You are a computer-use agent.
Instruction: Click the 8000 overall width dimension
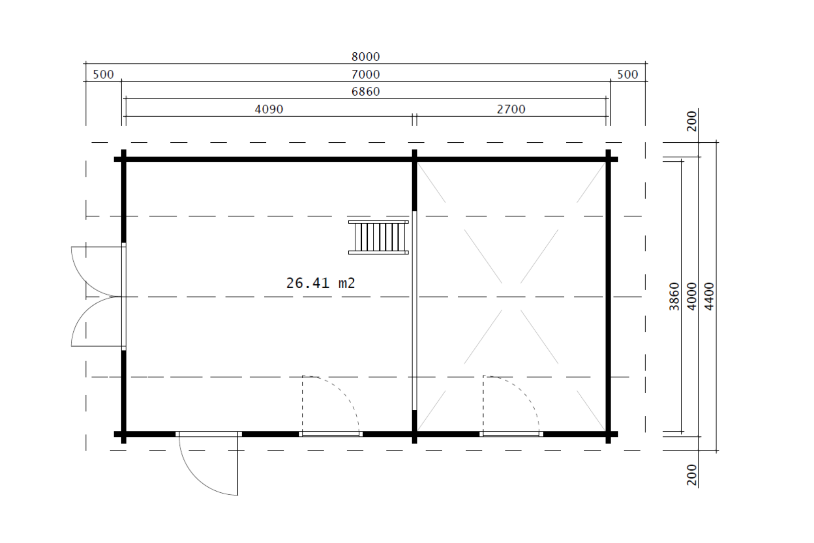pos(366,57)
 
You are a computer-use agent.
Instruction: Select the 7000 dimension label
pos(366,74)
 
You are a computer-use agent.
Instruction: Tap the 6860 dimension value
pos(366,92)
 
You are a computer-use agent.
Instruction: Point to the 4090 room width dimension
pos(269,110)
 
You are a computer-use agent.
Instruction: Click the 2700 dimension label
pos(511,110)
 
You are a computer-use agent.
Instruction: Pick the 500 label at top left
pos(103,74)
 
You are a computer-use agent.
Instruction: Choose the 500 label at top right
pos(628,74)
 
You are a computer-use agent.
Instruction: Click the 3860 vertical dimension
pos(674,297)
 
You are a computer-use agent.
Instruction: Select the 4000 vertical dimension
pos(692,297)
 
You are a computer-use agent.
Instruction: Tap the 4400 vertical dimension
pos(709,297)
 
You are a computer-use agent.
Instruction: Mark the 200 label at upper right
pos(692,121)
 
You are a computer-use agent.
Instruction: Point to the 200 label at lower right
pos(692,475)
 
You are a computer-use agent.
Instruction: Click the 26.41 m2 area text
pos(321,284)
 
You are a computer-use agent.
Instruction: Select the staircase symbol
pos(378,237)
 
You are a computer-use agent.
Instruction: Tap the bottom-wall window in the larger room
pos(331,434)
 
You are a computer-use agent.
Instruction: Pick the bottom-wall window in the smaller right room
pos(512,434)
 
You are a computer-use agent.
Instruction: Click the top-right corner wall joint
pos(608,159)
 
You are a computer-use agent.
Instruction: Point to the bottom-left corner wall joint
pos(124,434)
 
